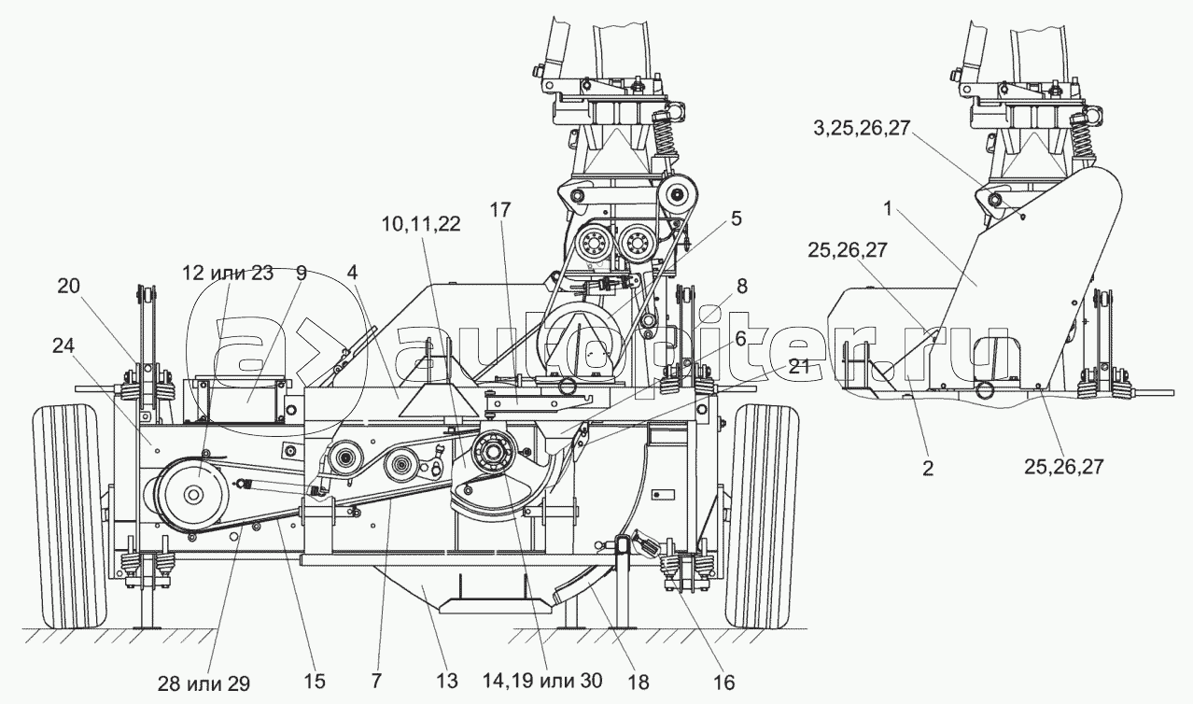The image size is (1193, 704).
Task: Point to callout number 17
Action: click(x=499, y=210)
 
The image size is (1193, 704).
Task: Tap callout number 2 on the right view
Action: click(x=927, y=468)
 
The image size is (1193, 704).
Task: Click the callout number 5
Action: click(x=737, y=219)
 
